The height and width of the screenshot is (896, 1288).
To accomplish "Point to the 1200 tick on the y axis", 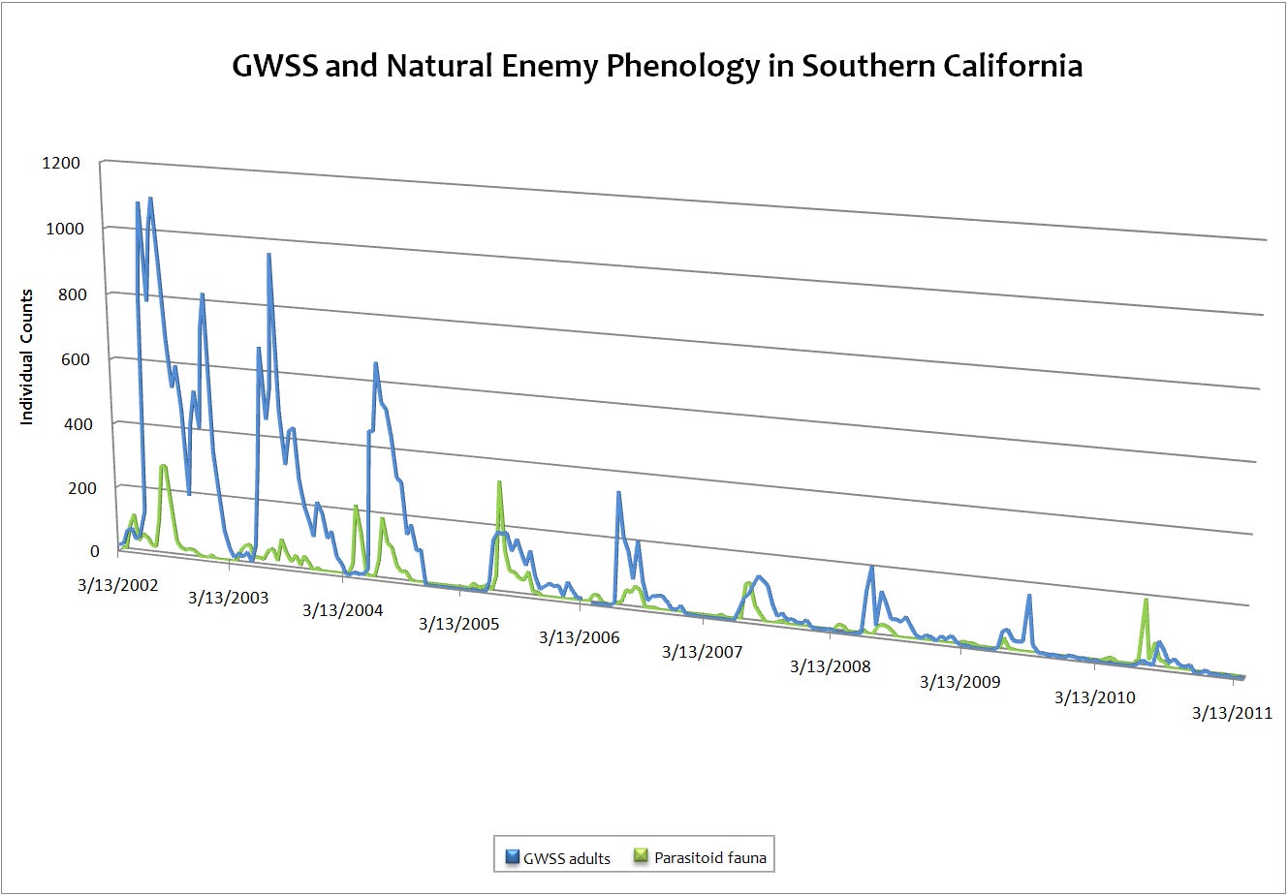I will click(61, 163).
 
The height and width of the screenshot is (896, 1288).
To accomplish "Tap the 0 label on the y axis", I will click(94, 551).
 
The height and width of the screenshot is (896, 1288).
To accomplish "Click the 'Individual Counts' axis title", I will click(27, 356).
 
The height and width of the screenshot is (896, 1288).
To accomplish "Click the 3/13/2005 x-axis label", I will click(458, 624).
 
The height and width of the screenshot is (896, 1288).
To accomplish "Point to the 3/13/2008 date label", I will click(830, 666).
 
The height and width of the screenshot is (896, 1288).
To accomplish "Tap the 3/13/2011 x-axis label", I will click(1231, 714).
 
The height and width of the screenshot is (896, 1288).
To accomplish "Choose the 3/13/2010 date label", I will click(1094, 697).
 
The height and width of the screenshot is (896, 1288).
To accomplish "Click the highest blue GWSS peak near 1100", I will click(150, 199).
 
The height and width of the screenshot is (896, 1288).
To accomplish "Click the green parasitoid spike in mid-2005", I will click(499, 482).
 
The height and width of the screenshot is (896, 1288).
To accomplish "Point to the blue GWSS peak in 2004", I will click(375, 364).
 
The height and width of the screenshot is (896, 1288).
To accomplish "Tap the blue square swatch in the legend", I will click(513, 856).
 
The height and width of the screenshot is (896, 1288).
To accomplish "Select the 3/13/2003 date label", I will click(228, 598).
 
